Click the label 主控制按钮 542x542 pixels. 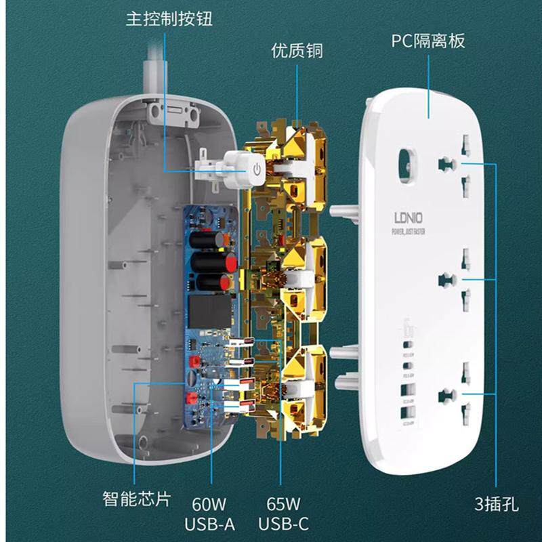tap(169, 18)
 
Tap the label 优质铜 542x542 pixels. tap(297, 51)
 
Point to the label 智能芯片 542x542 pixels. tap(137, 499)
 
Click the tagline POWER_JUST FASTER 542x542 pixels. tap(409, 233)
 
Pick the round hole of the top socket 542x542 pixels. tap(445, 163)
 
